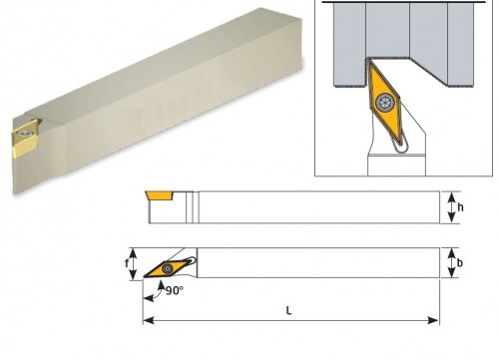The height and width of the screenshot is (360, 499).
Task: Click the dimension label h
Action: coord(460,207)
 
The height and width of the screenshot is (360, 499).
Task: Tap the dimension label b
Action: coord(460,263)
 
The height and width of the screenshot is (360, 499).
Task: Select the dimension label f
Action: coord(127,263)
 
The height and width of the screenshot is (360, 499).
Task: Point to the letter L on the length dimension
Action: coord(288,311)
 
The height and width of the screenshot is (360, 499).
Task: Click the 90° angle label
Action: coord(175,291)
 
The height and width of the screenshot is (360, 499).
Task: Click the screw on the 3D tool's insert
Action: coord(23,134)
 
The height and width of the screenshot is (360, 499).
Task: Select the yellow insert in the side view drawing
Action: coord(160,195)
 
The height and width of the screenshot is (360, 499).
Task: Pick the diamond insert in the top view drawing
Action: coord(167,268)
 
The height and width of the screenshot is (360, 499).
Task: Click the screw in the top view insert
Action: coord(167,268)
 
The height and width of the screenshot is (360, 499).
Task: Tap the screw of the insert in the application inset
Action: coord(385,102)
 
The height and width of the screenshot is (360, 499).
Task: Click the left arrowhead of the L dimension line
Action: coord(149,320)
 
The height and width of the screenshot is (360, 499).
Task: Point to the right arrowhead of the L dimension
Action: coord(433,320)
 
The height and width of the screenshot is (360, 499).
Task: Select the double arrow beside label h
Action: coord(451,207)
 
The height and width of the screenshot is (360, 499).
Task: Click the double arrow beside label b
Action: coord(451,263)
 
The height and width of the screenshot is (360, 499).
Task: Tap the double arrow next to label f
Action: coord(133,264)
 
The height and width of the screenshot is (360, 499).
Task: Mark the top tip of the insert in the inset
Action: coord(368,60)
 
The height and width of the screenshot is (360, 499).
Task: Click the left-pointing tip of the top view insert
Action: coord(144,276)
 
